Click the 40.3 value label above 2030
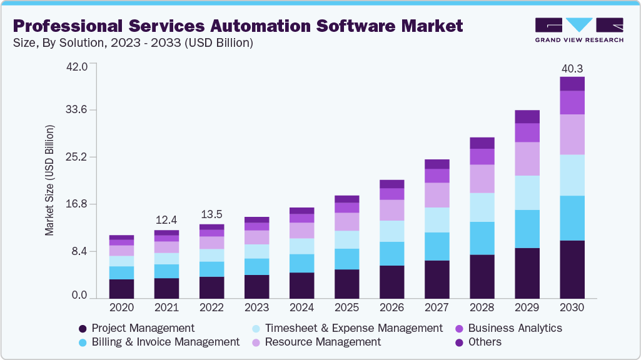(x=572, y=68)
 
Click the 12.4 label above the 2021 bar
(x=166, y=220)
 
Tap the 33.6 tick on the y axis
(x=78, y=111)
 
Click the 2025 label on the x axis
(x=346, y=308)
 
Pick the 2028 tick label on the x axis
(x=482, y=308)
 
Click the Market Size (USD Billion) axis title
(x=49, y=180)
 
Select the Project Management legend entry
(x=143, y=328)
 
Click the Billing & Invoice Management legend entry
(x=165, y=342)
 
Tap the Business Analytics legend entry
(x=515, y=328)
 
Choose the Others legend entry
(x=485, y=342)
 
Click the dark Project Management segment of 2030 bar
(x=572, y=269)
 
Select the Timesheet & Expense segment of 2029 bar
(x=527, y=192)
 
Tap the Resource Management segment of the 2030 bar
(x=572, y=134)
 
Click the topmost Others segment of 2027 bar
(x=437, y=164)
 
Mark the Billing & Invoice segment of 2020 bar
(x=121, y=272)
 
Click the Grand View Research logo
(x=579, y=29)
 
